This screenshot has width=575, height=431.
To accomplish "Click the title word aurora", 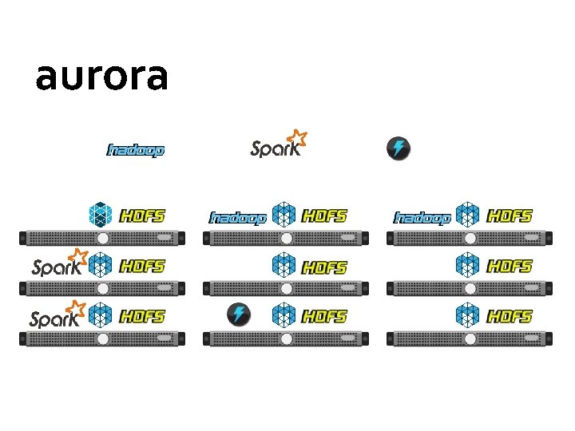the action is click(101, 77).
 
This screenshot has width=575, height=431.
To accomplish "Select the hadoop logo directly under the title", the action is click(136, 149).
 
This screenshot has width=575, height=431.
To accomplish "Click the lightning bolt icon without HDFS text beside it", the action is click(398, 148).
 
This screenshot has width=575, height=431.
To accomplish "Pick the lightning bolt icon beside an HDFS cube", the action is click(238, 314).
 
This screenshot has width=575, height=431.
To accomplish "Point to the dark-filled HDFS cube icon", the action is click(101, 214).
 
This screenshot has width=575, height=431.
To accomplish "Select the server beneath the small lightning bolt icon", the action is click(285, 338).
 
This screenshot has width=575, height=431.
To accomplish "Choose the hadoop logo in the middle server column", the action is click(236, 217).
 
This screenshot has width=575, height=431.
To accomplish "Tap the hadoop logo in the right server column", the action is click(422, 217).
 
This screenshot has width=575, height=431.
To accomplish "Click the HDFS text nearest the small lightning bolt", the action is click(324, 317).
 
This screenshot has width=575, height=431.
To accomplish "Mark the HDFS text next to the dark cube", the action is click(142, 215).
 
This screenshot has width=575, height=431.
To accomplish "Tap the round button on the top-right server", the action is click(470, 238).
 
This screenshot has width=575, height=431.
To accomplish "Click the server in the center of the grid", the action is click(285, 288).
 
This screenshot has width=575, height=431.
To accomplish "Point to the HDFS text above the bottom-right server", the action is click(510, 317).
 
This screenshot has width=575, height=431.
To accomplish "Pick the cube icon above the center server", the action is click(284, 265).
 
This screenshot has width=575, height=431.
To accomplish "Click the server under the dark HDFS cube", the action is click(102, 238).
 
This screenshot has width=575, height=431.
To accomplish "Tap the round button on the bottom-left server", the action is click(102, 338).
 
